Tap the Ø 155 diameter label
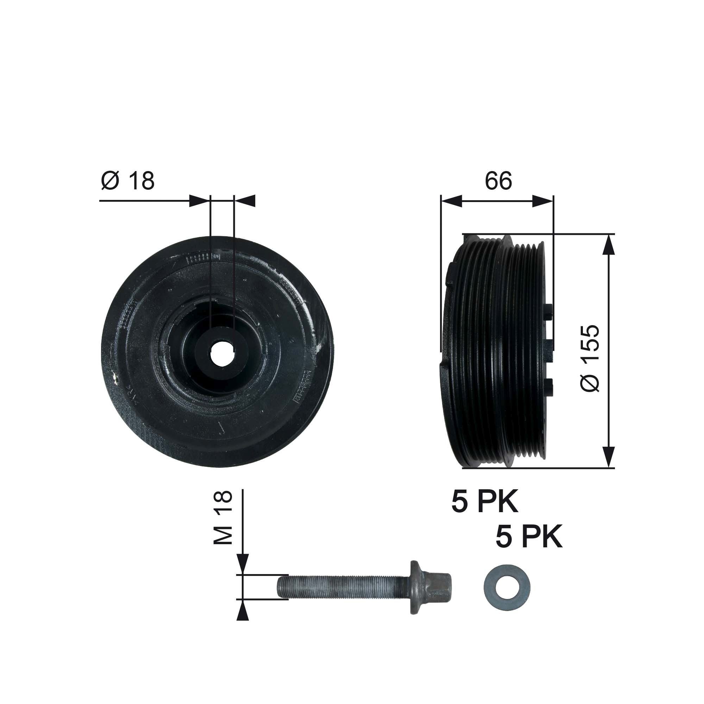[x=590, y=358]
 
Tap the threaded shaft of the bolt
[x=342, y=587]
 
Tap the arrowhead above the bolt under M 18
[x=243, y=566]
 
